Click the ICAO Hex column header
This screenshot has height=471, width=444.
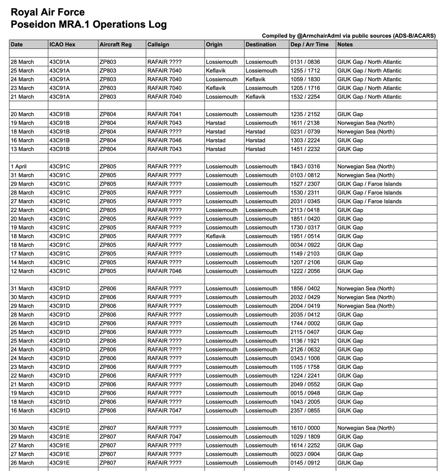pos(62,44)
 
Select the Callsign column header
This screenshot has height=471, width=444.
pos(158,44)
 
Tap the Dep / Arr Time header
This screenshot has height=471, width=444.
pos(309,44)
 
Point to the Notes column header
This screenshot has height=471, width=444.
pos(345,44)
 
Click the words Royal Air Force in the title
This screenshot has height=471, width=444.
pos(47,13)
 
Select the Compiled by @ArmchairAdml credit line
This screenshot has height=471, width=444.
pos(349,36)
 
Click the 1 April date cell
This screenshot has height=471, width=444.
pos(20,166)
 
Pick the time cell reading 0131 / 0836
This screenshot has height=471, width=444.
pos(305,62)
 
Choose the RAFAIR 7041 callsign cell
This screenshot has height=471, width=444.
pos(164,114)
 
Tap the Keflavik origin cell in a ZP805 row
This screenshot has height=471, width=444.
pos(216,236)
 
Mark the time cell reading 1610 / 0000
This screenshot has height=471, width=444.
pos(305,428)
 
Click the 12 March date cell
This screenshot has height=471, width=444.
pos(22,271)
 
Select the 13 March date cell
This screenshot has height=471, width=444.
pos(22,149)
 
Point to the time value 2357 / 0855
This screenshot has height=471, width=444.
pos(305,411)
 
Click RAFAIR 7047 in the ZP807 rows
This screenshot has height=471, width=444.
pos(164,437)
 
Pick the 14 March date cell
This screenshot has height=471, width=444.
pos(22,263)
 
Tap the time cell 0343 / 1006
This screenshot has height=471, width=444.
pos(305,358)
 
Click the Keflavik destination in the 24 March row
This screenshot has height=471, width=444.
pos(255,79)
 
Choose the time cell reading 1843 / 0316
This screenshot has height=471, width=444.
pos(305,166)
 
